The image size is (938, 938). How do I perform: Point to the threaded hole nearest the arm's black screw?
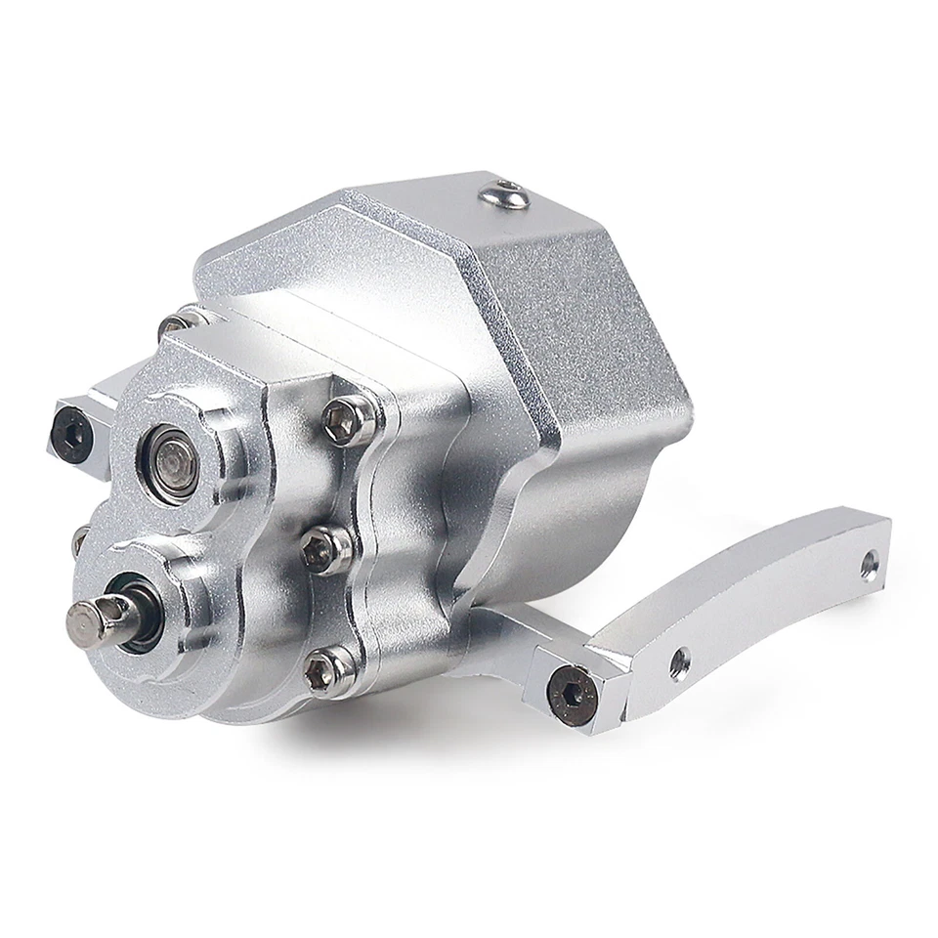coord(681,659)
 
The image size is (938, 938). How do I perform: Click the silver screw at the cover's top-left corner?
coord(177,321)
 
